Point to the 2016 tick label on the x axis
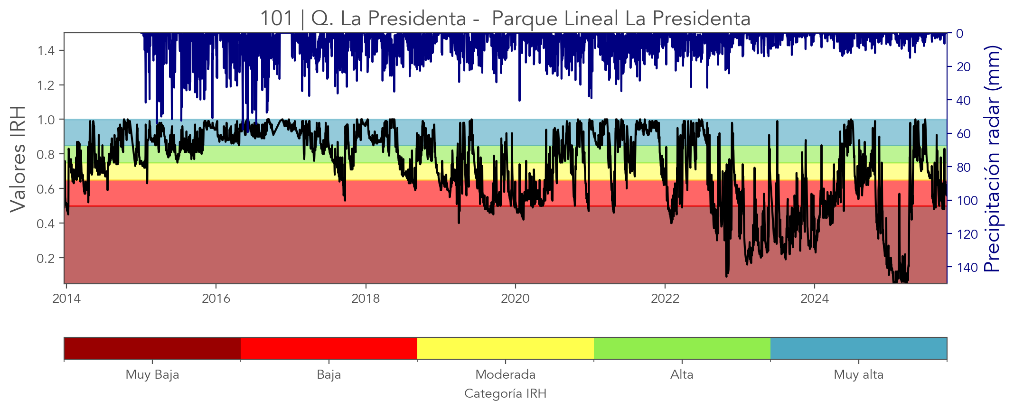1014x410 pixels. click(x=216, y=298)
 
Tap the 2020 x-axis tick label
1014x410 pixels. click(x=515, y=298)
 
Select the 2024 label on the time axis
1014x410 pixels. click(x=815, y=298)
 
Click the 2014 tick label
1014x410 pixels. click(x=66, y=298)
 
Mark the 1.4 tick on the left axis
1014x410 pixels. click(x=47, y=51)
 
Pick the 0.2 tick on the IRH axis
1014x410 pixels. click(x=47, y=258)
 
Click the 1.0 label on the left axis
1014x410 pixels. click(x=47, y=120)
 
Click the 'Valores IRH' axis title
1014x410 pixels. click(x=18, y=158)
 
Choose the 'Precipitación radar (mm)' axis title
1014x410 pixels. click(x=992, y=158)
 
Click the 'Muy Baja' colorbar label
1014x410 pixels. click(x=152, y=375)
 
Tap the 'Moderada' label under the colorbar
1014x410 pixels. click(x=505, y=375)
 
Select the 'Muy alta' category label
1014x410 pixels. click(x=858, y=375)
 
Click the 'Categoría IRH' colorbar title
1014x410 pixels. click(x=505, y=394)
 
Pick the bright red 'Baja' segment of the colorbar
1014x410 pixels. click(x=329, y=348)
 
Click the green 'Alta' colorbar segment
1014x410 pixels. click(x=682, y=348)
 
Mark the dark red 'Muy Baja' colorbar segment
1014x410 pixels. click(x=152, y=348)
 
